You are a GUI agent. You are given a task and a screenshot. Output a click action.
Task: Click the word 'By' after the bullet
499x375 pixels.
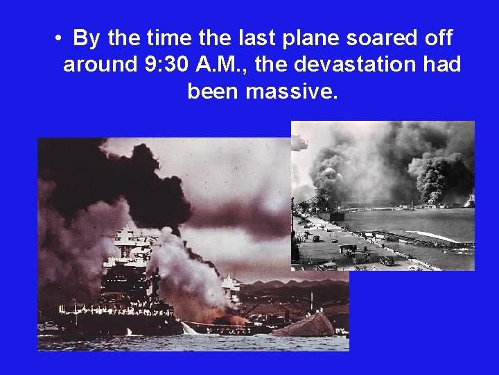click(x=86, y=38)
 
